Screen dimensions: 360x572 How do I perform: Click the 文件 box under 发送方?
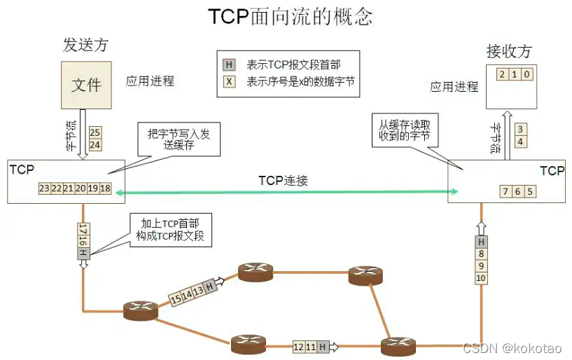(86, 85)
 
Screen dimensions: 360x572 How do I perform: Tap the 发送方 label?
(85, 46)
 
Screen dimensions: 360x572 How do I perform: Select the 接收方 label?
(509, 51)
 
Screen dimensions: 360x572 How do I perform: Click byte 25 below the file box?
(96, 132)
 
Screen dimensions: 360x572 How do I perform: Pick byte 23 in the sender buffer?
(45, 189)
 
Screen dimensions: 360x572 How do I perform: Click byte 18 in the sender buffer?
(105, 189)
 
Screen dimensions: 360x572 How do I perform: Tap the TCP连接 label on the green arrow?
(283, 181)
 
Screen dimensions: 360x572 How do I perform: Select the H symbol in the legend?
(229, 65)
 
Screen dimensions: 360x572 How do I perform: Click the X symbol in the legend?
(229, 81)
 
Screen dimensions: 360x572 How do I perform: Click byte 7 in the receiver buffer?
(506, 192)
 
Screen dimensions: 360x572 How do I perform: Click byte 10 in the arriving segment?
(481, 279)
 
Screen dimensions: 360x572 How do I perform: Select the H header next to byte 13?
(209, 286)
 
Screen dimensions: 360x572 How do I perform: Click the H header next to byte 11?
(322, 346)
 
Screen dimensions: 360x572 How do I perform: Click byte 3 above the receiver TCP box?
(519, 129)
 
